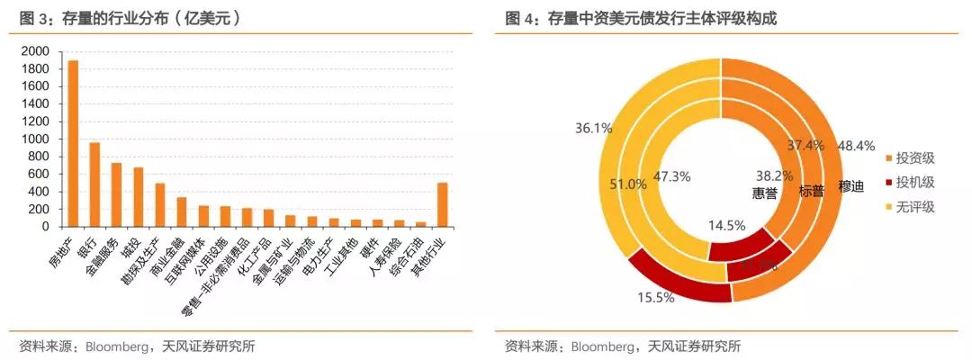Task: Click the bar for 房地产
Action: pos(73,144)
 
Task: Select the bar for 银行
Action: pos(94,184)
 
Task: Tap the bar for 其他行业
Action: pos(442,204)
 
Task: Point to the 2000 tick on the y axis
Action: pos(39,51)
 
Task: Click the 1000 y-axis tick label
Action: pos(39,139)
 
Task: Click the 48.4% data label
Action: pos(856,146)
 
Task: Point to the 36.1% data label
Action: pos(593,129)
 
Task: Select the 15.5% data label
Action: pos(655,298)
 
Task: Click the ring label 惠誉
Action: pos(764,192)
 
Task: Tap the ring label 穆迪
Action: pos(850,187)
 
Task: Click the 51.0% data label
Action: pos(628,184)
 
